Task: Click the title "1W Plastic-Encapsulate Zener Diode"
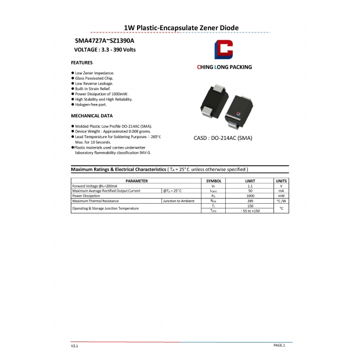point(182,27)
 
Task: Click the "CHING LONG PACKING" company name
point(225,67)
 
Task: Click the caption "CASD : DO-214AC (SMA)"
point(223,139)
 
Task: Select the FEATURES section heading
point(82,62)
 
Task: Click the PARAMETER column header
point(136,181)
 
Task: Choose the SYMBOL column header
point(214,181)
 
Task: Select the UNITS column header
point(281,181)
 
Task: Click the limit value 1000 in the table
point(250,196)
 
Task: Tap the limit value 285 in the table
point(250,201)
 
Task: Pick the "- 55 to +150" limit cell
point(250,210)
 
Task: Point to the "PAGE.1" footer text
point(279,345)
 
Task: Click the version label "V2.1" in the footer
point(74,345)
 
